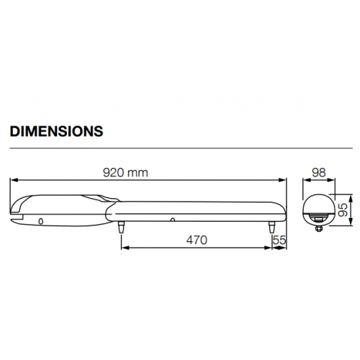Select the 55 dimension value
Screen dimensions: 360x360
(x=279, y=240)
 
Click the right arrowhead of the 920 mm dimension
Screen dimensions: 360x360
(x=284, y=181)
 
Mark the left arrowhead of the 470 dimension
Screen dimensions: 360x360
(x=123, y=248)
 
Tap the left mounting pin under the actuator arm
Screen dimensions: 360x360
(x=120, y=227)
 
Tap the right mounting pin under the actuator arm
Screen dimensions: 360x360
(x=271, y=227)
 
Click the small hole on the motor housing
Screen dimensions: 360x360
(x=42, y=220)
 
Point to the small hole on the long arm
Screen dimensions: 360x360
(x=173, y=218)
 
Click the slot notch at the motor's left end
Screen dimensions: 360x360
(x=17, y=212)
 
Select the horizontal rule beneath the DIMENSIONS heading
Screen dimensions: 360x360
(x=180, y=148)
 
